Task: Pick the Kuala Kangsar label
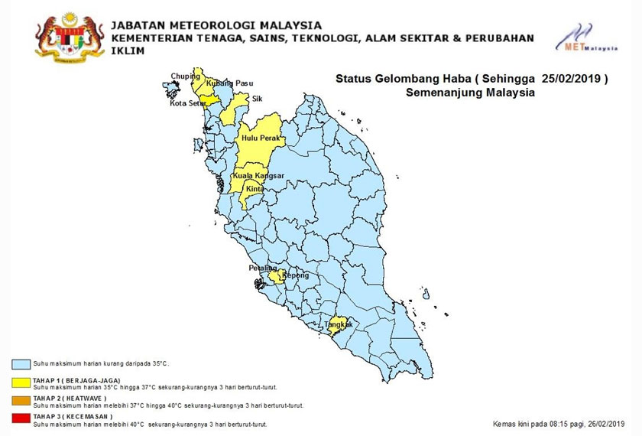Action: (258, 176)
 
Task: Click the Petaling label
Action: (261, 268)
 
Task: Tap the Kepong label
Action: (295, 275)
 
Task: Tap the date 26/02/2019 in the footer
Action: (602, 422)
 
